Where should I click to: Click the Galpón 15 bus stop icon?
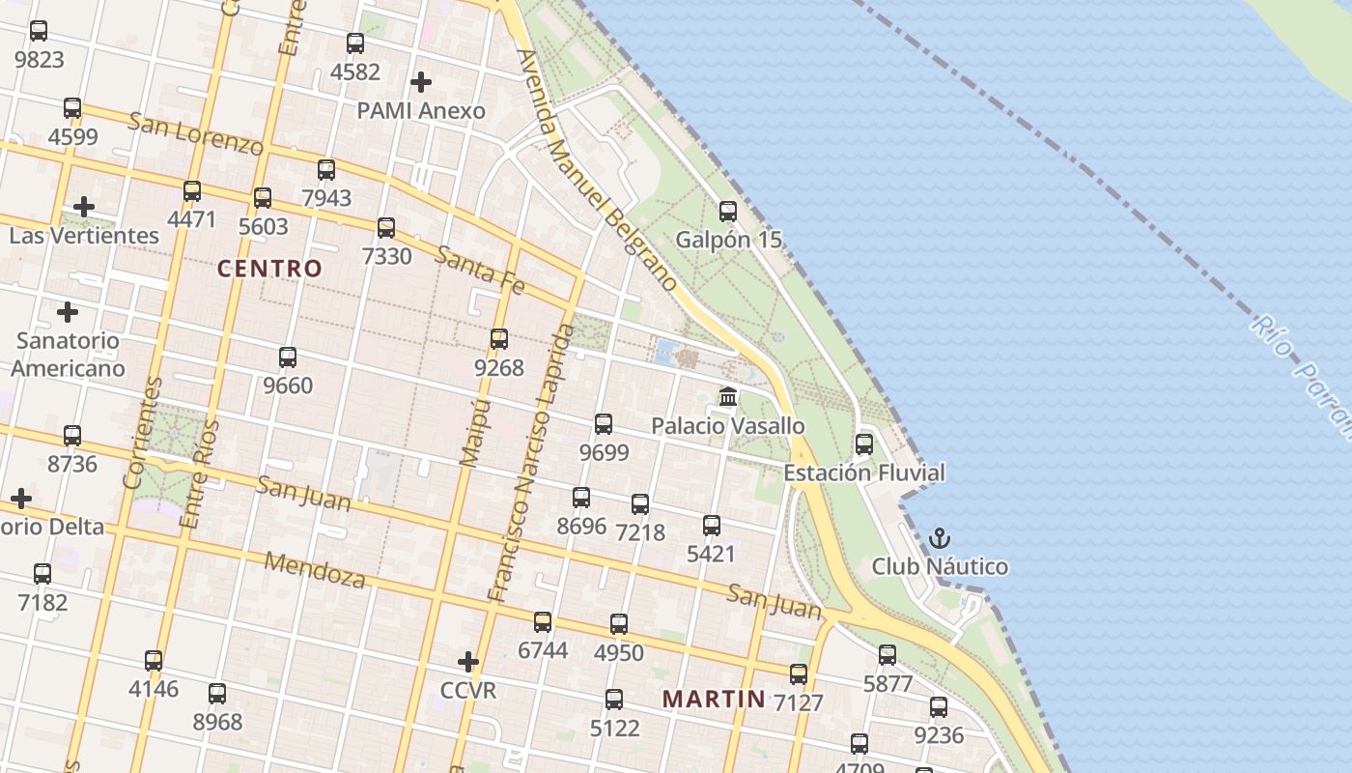click(x=728, y=211)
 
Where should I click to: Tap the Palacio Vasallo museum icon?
click(x=728, y=397)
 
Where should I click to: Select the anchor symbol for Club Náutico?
click(x=940, y=538)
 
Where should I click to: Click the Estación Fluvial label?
click(x=863, y=472)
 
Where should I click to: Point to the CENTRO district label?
click(x=269, y=269)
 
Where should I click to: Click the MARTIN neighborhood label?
click(x=714, y=698)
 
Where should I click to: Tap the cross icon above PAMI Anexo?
click(x=421, y=82)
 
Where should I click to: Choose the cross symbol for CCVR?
click(x=468, y=662)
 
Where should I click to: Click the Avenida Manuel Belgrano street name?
click(x=596, y=170)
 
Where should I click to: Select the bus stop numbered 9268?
click(x=499, y=339)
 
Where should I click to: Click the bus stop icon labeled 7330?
click(x=386, y=228)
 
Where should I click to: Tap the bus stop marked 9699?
click(x=604, y=423)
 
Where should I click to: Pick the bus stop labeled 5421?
click(x=712, y=526)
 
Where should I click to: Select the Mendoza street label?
click(x=315, y=570)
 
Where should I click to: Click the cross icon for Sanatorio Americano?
click(x=68, y=312)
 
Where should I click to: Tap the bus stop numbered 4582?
click(x=355, y=43)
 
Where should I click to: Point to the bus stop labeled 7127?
click(x=799, y=674)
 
